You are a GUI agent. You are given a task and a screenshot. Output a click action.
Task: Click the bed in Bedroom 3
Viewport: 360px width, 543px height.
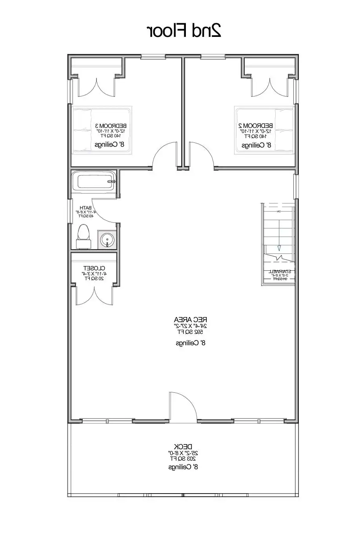[102, 129]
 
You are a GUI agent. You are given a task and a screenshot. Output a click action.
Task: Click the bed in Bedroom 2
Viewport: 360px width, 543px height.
[264, 129]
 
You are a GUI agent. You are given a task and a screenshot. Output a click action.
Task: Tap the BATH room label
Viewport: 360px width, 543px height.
[85, 208]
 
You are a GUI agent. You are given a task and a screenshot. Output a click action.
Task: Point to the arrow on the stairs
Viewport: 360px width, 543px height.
[279, 247]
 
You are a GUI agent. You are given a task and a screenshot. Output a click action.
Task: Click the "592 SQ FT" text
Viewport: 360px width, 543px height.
[191, 332]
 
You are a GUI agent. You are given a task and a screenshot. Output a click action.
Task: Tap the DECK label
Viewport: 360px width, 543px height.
[183, 446]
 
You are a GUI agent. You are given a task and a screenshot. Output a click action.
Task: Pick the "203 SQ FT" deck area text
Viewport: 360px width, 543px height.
[183, 458]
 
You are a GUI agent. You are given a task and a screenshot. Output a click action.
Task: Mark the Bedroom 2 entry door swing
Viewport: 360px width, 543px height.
[201, 155]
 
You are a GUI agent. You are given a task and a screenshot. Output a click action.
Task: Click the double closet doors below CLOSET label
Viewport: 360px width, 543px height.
[94, 294]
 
